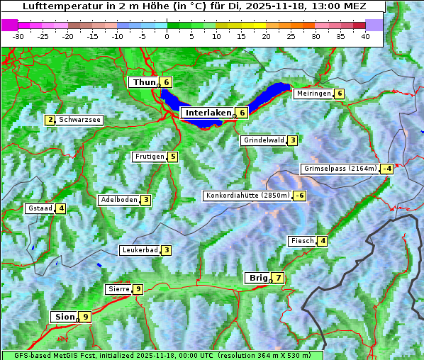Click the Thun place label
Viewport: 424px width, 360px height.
coord(143,82)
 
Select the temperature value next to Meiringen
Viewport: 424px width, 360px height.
coord(340,94)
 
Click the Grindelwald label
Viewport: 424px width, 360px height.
coord(264,140)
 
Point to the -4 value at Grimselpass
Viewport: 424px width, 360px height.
coord(386,169)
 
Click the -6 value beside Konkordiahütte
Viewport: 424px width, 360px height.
coord(300,196)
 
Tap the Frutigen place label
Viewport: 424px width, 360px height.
coord(150,157)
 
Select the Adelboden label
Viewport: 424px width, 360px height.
coord(118,200)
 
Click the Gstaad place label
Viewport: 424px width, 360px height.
coord(40,208)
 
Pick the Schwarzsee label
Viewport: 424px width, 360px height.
coord(80,120)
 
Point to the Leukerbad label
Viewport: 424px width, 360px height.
coord(139,250)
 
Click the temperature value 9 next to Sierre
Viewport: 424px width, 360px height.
coord(138,289)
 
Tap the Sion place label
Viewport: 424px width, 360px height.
coord(63,317)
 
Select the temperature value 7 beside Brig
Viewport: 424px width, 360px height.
coord(278,278)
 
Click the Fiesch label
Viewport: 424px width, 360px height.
coord(301,241)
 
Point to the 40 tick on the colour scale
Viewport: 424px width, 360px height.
coord(365,35)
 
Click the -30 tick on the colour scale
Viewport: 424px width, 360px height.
coord(18,35)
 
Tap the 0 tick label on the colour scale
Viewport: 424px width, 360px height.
coord(167,35)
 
